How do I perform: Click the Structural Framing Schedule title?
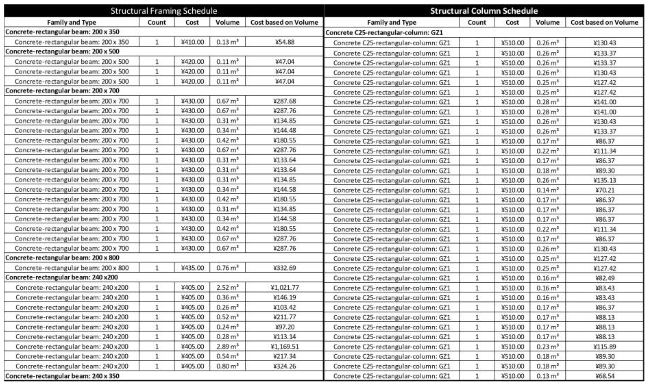(164, 11)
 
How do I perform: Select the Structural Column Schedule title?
(484, 11)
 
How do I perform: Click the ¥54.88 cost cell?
(285, 42)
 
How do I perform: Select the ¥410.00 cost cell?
(192, 42)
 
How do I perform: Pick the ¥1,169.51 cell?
(285, 347)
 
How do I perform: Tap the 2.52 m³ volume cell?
(227, 288)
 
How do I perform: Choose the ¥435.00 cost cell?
(192, 268)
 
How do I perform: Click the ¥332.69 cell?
(285, 268)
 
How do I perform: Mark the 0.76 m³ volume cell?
(227, 268)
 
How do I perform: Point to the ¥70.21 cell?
(605, 190)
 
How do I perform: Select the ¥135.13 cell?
(605, 180)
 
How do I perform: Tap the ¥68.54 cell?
(605, 376)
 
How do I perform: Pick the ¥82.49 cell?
(605, 278)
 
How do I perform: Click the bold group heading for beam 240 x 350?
(62, 376)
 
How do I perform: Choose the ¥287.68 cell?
(285, 101)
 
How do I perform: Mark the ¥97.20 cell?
(285, 327)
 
